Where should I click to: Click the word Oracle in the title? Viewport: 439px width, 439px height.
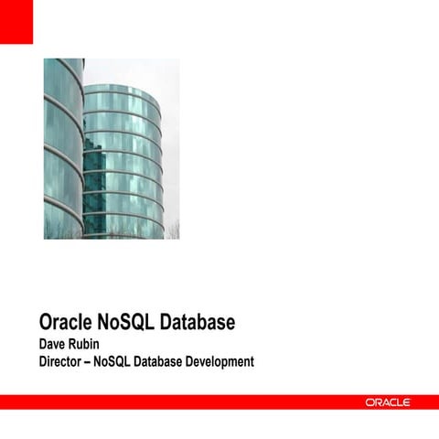pos(69,322)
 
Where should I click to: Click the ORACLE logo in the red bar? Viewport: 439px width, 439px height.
pos(388,402)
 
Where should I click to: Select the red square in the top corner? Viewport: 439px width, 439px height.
pos(16,21)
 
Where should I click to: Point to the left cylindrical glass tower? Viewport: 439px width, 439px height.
pos(62,146)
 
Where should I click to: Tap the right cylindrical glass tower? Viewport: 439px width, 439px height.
pos(123,160)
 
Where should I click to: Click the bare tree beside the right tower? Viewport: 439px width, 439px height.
pos(173,229)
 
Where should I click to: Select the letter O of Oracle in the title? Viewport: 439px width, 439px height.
pos(46,322)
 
